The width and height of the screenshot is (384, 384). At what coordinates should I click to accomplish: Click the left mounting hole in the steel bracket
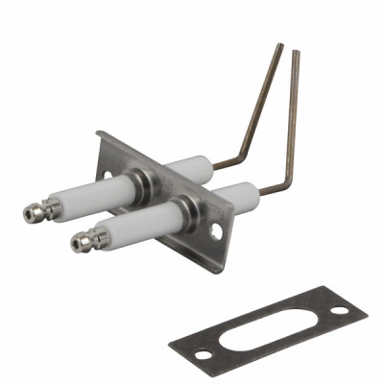pyautogui.click(x=107, y=176)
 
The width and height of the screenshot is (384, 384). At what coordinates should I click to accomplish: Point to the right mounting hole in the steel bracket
pyautogui.click(x=218, y=230)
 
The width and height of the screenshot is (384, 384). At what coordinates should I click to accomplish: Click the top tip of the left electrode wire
pyautogui.click(x=279, y=44)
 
